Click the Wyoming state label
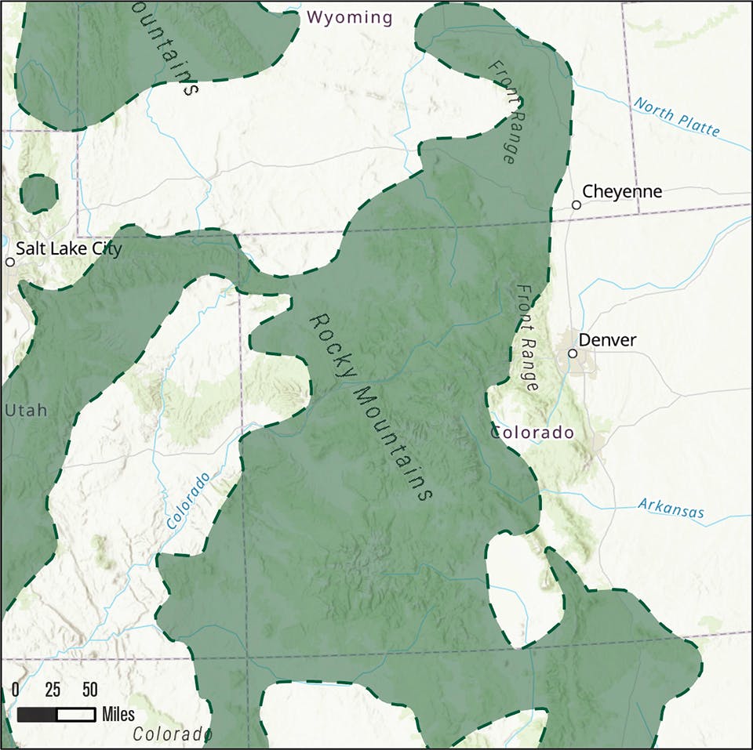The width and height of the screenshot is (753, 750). [349, 17]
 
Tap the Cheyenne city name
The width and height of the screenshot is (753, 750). [622, 191]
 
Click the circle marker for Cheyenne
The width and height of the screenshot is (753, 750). [577, 205]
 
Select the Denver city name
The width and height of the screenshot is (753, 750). [607, 340]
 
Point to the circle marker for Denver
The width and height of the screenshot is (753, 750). [573, 353]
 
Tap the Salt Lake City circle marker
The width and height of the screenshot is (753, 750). [10, 262]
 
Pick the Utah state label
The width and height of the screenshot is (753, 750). [26, 410]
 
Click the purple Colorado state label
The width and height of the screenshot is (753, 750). [533, 433]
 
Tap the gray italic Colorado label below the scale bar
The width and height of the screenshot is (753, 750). [173, 734]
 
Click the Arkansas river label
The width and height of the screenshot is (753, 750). [671, 509]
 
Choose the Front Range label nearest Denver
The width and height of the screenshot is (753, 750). [527, 338]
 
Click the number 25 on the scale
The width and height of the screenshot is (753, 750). [53, 690]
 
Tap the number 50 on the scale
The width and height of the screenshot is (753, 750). [90, 690]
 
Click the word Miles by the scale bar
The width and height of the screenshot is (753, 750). [118, 715]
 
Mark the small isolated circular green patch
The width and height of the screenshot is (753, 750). [38, 194]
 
